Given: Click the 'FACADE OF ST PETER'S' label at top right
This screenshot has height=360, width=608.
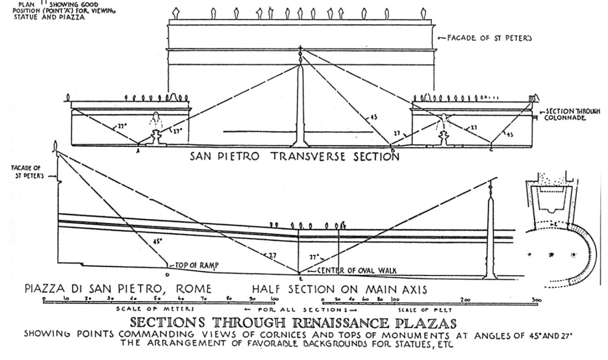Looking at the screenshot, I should (489, 38).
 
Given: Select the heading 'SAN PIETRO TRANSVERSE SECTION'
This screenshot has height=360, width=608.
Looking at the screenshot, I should (294, 157).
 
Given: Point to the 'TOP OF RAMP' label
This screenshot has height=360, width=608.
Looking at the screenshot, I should (192, 266).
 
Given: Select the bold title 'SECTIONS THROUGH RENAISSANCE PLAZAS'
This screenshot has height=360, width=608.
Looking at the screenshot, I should (294, 323).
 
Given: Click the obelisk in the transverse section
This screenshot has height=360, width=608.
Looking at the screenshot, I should (300, 104).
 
